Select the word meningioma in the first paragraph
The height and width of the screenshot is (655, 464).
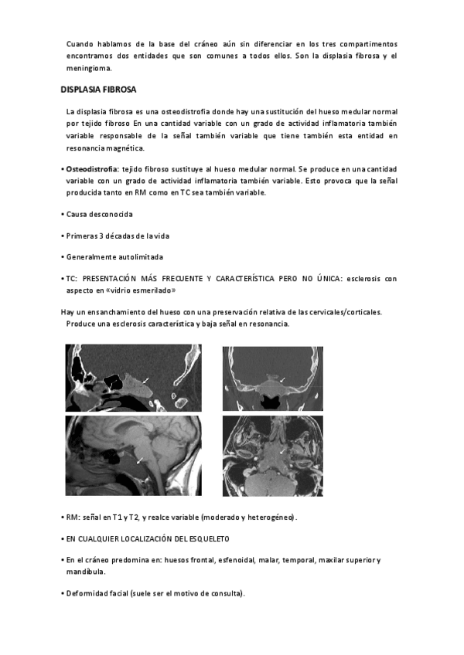click(x=88, y=67)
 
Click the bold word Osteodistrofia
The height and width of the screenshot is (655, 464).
click(x=92, y=168)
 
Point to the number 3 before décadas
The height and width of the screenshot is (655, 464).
click(x=102, y=236)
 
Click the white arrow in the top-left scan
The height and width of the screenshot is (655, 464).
click(x=145, y=378)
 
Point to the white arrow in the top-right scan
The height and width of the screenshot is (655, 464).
click(x=283, y=378)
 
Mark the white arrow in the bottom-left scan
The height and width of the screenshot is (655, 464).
click(x=139, y=460)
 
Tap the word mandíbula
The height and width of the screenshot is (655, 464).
click(x=85, y=572)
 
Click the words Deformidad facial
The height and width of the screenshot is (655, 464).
click(x=97, y=593)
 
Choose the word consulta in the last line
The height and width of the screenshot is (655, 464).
click(x=224, y=593)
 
